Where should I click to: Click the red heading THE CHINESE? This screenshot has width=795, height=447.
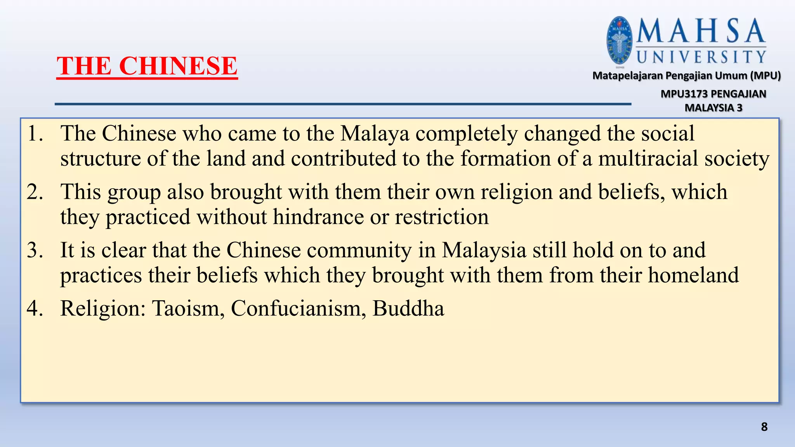pos(147,66)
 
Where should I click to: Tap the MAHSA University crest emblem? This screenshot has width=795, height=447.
pos(620,40)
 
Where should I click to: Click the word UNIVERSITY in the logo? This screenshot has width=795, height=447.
pos(701,57)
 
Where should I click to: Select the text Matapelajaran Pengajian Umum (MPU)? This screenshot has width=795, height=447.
pos(686,75)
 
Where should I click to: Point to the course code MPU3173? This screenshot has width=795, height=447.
pos(684,94)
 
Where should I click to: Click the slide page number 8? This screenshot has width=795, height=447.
pos(764,427)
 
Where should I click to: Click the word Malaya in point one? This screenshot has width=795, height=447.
pos(375,133)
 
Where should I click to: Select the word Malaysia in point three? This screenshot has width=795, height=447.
pos(484,250)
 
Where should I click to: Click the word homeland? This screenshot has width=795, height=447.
pos(693,275)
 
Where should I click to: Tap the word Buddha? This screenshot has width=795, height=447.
pos(408,308)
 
